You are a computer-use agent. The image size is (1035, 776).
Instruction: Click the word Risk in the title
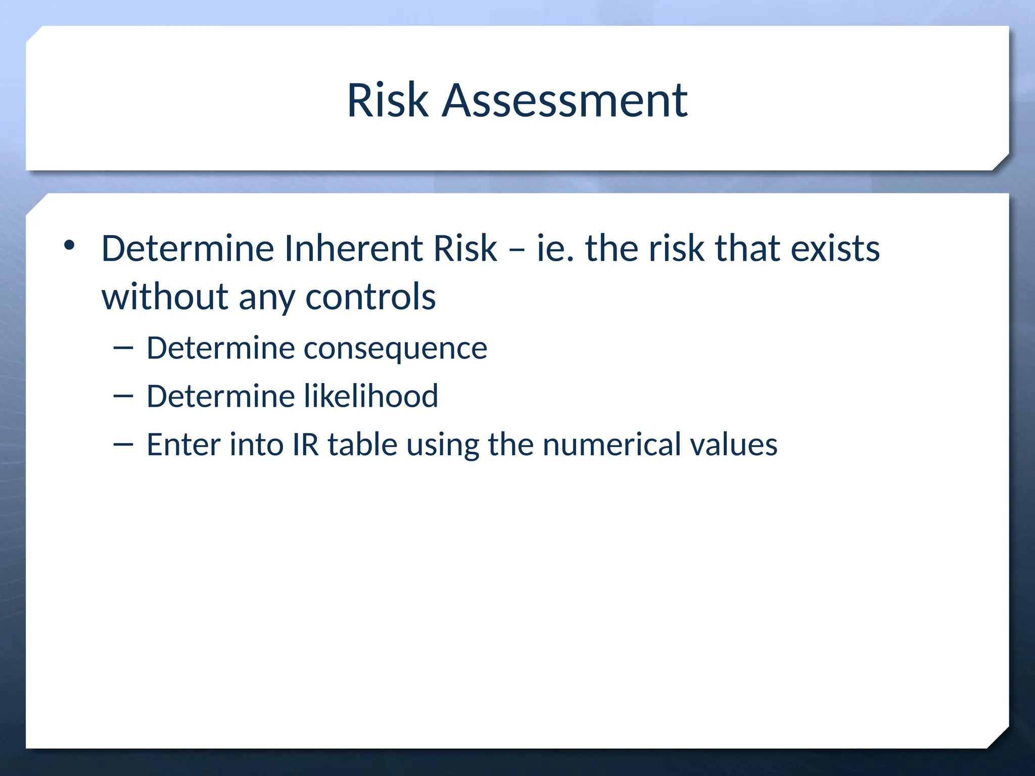(x=388, y=101)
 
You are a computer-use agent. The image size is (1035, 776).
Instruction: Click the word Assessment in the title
(x=564, y=101)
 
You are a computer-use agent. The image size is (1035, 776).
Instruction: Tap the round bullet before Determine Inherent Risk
(x=69, y=246)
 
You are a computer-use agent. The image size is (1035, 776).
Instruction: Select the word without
(x=165, y=297)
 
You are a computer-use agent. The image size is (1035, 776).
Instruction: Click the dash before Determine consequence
(x=123, y=348)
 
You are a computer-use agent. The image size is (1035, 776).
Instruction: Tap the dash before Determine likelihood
(x=123, y=397)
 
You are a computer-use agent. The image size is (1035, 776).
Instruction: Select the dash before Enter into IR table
(x=123, y=445)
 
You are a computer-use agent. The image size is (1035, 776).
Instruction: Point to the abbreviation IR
(x=305, y=445)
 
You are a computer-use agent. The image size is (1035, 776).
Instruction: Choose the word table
(x=362, y=445)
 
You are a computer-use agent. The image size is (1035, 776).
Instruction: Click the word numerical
(x=611, y=445)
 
